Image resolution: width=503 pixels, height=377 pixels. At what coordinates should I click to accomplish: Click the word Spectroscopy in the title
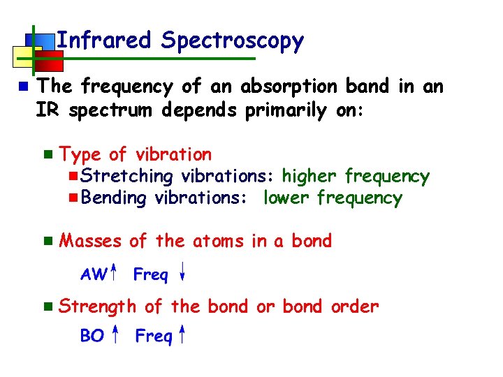click(x=233, y=42)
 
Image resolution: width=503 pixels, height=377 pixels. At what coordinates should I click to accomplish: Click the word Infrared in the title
click(x=103, y=40)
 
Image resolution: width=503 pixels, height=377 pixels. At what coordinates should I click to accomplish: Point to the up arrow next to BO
click(x=116, y=334)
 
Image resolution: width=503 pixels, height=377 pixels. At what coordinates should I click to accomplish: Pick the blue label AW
click(x=94, y=274)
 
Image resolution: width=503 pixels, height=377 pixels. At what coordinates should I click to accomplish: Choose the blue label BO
click(x=92, y=337)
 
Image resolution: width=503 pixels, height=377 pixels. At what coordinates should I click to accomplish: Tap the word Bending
click(x=114, y=198)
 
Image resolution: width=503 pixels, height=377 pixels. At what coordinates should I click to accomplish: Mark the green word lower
click(x=287, y=198)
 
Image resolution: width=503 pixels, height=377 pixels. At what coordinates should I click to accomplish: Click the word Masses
click(x=91, y=241)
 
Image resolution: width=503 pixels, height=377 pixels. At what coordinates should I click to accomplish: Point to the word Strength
click(x=99, y=306)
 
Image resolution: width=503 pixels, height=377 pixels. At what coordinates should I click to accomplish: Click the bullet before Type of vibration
click(x=48, y=154)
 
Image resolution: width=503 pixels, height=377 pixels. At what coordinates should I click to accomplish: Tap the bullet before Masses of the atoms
click(x=48, y=242)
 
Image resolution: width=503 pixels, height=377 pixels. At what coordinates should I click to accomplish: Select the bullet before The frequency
click(x=23, y=87)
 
